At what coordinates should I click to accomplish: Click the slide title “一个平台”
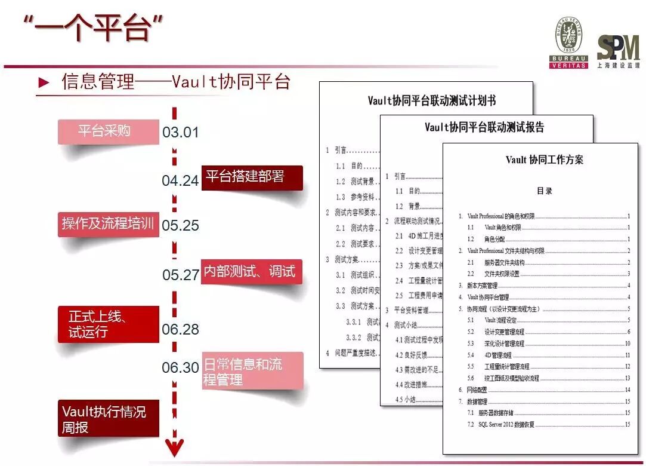pos(93,28)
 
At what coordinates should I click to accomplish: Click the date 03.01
pos(180,133)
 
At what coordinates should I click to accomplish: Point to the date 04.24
pos(180,180)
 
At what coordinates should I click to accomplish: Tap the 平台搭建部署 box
pos(252,177)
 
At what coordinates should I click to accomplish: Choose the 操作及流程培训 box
pos(108,224)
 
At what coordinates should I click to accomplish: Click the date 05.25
pos(180,226)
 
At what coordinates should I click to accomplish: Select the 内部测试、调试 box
pos(251,272)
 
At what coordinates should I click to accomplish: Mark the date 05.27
pos(180,275)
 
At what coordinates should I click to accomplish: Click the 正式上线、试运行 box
pos(108,324)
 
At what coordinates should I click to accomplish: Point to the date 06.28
pos(180,329)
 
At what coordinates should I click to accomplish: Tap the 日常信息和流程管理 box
pos(252,371)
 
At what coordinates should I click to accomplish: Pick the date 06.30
pos(180,367)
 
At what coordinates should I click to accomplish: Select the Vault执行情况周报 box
pos(108,419)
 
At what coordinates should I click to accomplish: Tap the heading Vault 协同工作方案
pos(544,160)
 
